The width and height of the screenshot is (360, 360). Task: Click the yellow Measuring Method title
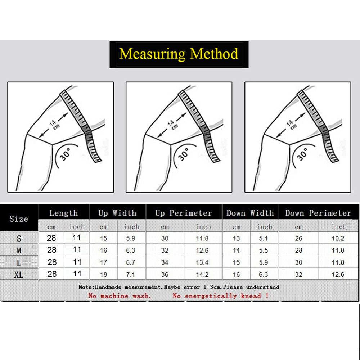[x=179, y=54]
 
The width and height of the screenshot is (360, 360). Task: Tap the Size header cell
[x=19, y=219]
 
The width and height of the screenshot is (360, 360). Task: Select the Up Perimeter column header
[x=184, y=213]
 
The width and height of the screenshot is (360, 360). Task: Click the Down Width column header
[x=250, y=213]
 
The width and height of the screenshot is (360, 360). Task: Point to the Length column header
[x=64, y=213]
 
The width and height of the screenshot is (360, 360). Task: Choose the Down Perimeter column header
[x=319, y=213]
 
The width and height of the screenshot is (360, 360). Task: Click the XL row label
[x=19, y=275]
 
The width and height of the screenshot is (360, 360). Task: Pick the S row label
[x=19, y=239]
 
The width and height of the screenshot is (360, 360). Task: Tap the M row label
[x=19, y=251]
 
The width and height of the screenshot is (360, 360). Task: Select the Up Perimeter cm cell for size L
[x=165, y=262]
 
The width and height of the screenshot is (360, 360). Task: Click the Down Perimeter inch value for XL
[x=338, y=274]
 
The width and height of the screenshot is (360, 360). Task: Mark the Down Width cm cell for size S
[x=236, y=238]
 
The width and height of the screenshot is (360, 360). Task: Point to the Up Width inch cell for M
[x=130, y=250]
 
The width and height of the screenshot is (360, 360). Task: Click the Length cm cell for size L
[x=52, y=262]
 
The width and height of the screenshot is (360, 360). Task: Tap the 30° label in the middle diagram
[x=184, y=154]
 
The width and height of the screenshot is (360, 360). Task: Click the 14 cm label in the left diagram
[x=54, y=124]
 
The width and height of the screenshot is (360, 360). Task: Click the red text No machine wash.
[x=120, y=296]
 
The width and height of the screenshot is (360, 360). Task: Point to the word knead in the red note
[x=251, y=296]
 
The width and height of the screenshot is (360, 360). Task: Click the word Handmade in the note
[x=108, y=287]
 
